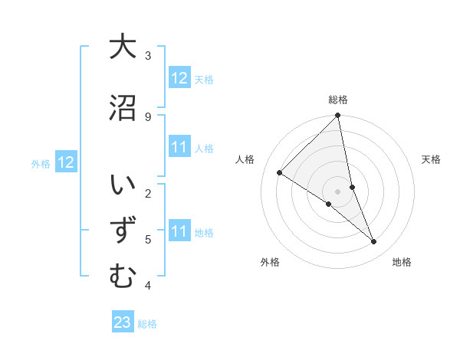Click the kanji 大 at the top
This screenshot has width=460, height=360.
[x=123, y=47]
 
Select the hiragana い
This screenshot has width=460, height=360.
[x=123, y=186]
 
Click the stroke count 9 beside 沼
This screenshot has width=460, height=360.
[x=147, y=116]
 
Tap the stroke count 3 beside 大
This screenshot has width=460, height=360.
[x=148, y=55]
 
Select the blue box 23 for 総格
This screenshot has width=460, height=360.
[x=123, y=322]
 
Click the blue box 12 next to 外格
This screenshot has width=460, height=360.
[x=65, y=162]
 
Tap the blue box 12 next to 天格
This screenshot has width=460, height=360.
[x=179, y=78]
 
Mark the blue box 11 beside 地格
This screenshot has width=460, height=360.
[x=179, y=231]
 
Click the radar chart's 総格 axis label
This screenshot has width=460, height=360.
[x=338, y=100]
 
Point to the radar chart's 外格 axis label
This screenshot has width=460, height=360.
[x=270, y=262]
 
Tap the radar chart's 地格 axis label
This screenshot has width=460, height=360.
[x=402, y=262]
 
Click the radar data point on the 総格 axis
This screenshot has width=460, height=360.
[x=338, y=116]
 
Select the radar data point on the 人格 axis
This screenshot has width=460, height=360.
[x=280, y=172]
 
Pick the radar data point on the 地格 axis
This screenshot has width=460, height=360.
[x=374, y=241]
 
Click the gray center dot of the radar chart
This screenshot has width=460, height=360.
[x=338, y=191]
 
